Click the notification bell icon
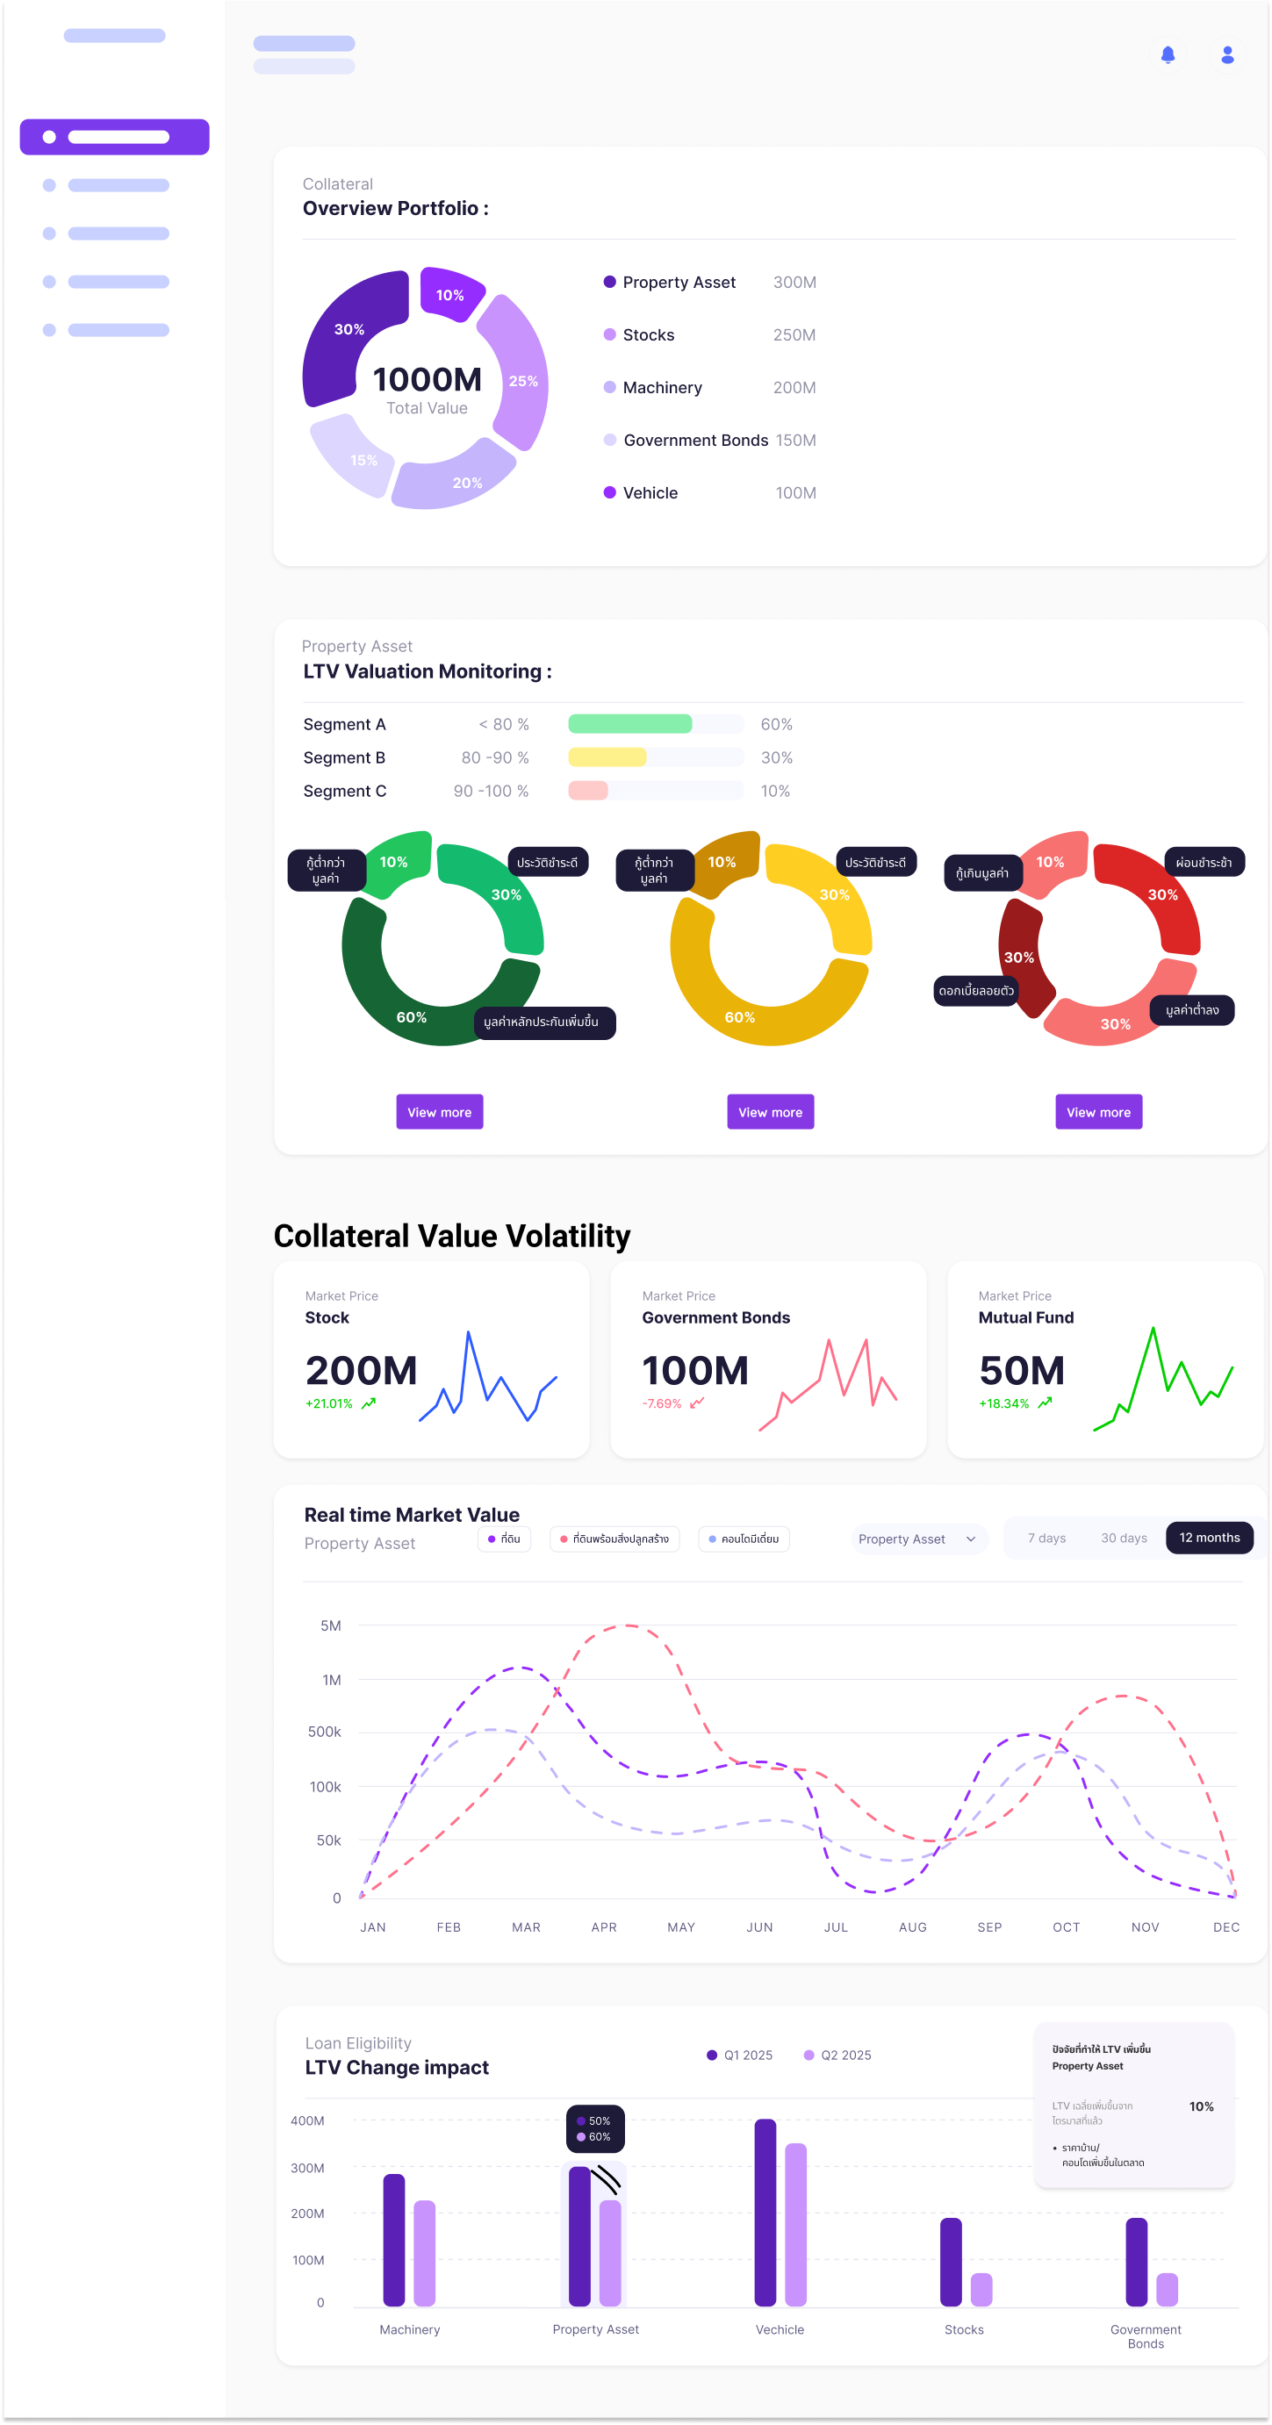click(1168, 54)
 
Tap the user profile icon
click(1227, 54)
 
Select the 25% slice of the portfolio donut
click(517, 374)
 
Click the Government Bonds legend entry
click(695, 441)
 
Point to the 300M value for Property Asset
click(794, 283)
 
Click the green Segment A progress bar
click(630, 724)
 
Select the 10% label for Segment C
click(775, 792)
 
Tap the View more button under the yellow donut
click(770, 1112)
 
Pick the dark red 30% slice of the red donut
click(1020, 952)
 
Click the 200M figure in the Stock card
click(361, 1371)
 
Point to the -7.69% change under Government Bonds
click(662, 1403)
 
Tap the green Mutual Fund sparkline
click(1164, 1379)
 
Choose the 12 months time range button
click(1209, 1538)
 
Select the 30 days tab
click(1124, 1539)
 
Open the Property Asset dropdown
click(917, 1539)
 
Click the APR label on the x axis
click(603, 1927)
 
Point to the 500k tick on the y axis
click(325, 1733)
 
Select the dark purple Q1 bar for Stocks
click(950, 2261)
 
